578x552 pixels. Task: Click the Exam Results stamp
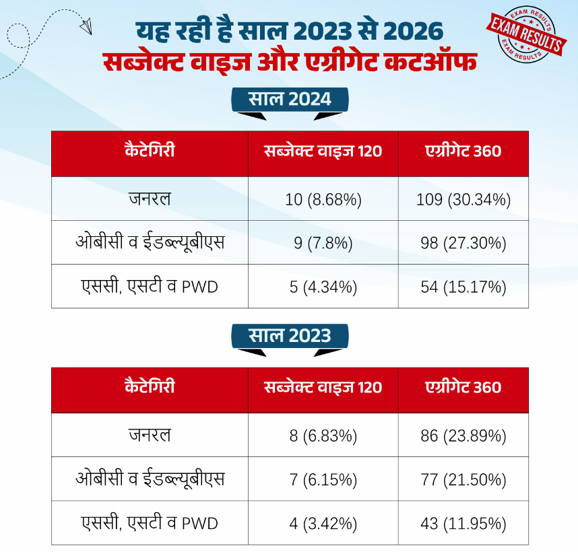pos(526,34)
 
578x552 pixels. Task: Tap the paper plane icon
pos(86,26)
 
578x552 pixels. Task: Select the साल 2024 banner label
pos(290,100)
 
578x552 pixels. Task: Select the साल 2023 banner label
pos(290,336)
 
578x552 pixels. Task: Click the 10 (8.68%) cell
pos(323,199)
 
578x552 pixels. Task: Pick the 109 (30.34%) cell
pos(463,199)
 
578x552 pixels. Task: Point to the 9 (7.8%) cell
pos(323,243)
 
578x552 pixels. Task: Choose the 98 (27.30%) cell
pos(463,243)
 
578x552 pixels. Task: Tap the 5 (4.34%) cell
pos(323,287)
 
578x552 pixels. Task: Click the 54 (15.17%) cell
pos(463,287)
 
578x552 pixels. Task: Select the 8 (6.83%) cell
pos(323,436)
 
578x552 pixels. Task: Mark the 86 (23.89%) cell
pos(463,436)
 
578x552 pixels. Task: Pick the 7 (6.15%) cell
pos(323,479)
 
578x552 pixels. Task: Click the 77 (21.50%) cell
pos(463,479)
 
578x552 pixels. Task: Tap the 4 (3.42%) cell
pos(323,523)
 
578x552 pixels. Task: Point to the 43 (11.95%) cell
pos(463,523)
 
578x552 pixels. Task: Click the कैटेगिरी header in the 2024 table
pos(150,150)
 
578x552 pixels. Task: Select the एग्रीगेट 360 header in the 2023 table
pos(463,386)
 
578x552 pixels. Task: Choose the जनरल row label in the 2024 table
pos(150,199)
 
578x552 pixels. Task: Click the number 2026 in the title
pos(413,31)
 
